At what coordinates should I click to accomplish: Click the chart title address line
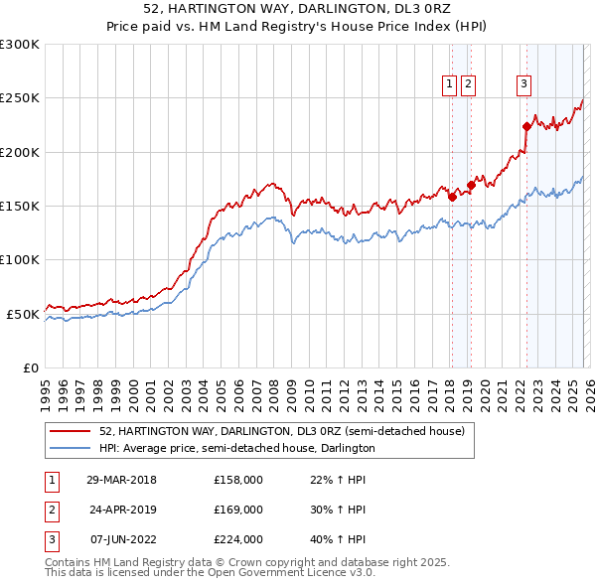tap(297, 9)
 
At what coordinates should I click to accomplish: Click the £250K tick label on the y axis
tap(20, 98)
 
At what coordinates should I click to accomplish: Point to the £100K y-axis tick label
tap(20, 259)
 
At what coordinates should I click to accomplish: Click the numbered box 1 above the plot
tap(450, 85)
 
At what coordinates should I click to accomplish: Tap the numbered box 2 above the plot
tap(468, 85)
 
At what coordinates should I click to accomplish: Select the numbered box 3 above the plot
tap(523, 85)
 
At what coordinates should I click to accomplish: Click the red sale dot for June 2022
tap(526, 126)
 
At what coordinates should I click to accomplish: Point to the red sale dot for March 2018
tap(452, 197)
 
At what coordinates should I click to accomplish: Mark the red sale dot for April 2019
tap(471, 185)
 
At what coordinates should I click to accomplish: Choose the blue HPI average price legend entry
tap(236, 449)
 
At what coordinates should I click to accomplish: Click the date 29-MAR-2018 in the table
tap(122, 480)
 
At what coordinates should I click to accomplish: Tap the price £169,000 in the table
tap(238, 510)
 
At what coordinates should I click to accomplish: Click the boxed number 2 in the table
tap(51, 510)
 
